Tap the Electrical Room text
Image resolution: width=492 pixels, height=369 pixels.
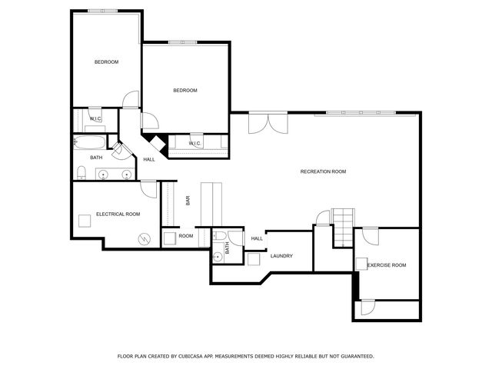click(118, 214)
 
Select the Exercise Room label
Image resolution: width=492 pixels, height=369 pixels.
click(386, 265)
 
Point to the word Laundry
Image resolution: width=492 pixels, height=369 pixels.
click(281, 255)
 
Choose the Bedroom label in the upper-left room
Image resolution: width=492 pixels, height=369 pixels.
click(106, 61)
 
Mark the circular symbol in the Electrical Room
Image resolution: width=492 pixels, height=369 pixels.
click(143, 240)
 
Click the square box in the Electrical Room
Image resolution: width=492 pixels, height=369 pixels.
click(84, 220)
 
